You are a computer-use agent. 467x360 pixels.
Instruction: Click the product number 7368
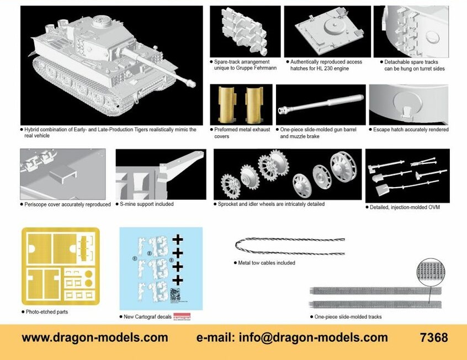433,337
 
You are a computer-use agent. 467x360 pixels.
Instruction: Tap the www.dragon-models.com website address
95,337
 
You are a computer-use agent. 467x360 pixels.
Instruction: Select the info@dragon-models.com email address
292,337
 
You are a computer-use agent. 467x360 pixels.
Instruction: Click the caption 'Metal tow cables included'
267,263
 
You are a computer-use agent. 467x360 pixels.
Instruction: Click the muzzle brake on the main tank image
192,83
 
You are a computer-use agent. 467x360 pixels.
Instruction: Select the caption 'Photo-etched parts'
47,312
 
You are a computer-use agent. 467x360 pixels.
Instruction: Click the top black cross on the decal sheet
177,240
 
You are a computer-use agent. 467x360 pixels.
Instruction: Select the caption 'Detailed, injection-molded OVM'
405,208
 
